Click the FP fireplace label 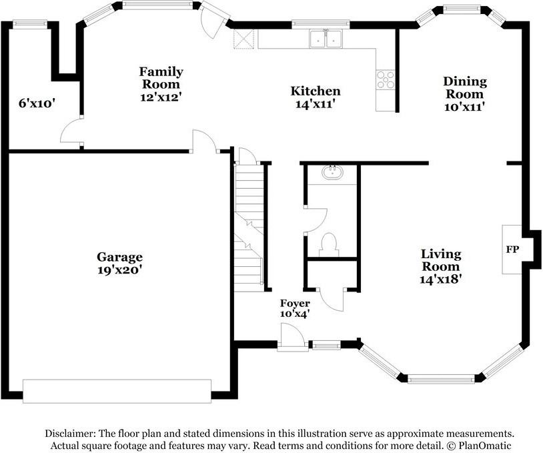[x=512, y=250]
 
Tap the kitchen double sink [x=326, y=39]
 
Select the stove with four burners [x=386, y=80]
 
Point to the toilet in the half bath [x=329, y=245]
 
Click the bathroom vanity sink [x=332, y=172]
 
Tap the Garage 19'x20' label [x=119, y=264]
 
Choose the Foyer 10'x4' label [x=295, y=308]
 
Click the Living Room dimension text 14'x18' [x=441, y=279]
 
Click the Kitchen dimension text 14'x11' [x=315, y=103]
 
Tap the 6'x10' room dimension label [x=37, y=103]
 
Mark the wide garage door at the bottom [x=117, y=392]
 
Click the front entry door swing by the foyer [x=291, y=336]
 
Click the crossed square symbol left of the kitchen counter [x=243, y=39]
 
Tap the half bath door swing [x=316, y=220]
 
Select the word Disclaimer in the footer [x=70, y=433]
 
